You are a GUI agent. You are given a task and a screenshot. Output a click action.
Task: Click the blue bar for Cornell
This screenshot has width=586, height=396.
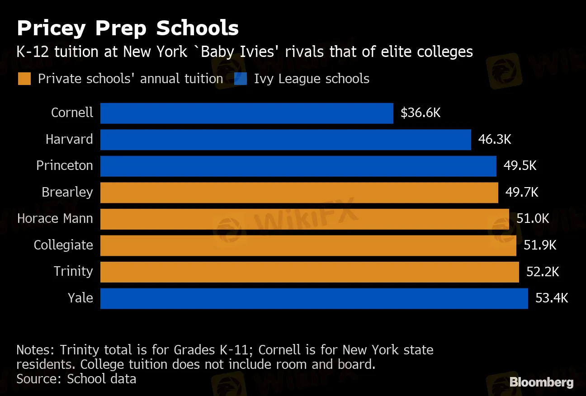pos(246,113)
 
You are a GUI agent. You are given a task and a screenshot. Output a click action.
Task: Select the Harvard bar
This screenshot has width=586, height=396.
pos(285,139)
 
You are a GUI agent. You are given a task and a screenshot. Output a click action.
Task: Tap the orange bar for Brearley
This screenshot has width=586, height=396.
pos(299,192)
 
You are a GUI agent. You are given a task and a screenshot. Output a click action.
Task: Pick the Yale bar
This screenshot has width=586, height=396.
pos(314,298)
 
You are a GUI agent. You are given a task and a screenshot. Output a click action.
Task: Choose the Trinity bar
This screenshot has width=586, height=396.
pos(309,272)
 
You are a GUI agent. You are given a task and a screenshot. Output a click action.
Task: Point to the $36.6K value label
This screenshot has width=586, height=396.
pos(421,113)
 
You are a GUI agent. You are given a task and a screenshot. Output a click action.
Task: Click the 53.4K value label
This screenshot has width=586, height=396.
pos(552,298)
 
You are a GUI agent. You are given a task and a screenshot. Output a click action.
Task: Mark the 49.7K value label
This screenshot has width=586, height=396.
pos(522,192)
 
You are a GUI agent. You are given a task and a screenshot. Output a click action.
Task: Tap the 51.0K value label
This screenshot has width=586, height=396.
pos(533,219)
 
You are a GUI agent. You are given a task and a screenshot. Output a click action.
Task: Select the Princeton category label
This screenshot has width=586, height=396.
pos(65,165)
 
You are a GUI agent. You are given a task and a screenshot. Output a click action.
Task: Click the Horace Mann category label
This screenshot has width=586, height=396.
pos(55,219)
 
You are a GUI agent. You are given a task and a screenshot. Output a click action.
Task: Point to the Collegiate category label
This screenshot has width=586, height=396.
pos(63,245)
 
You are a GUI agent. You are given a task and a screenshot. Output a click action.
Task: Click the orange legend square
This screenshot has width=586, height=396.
pos(24,79)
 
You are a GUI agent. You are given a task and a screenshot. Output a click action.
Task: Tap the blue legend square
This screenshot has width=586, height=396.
pos(241,79)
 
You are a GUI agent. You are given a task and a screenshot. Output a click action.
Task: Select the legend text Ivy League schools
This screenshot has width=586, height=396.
pos(312,79)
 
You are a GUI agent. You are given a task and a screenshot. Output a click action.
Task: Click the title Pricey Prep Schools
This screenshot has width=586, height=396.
pos(128,28)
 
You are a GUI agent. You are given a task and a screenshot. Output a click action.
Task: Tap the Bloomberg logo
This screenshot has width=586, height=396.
pos(541,382)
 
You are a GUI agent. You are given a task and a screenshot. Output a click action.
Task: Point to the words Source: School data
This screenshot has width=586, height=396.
pos(76,378)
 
